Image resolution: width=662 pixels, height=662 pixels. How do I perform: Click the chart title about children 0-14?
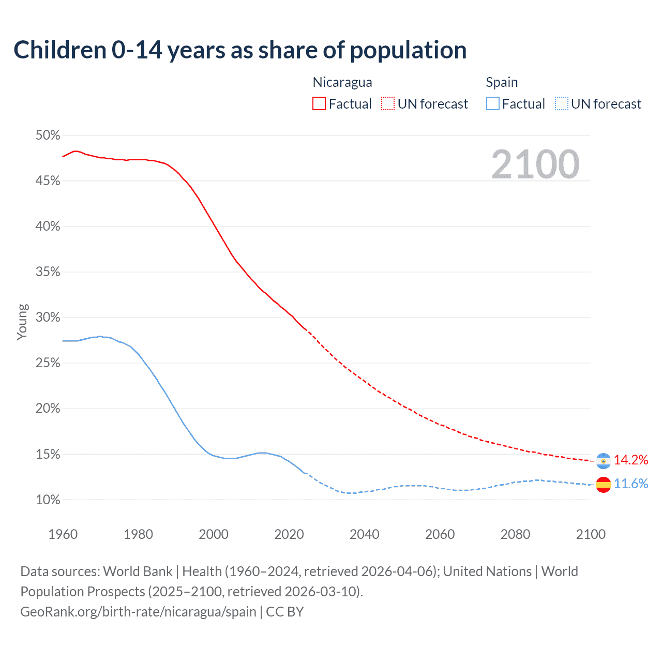[240, 50]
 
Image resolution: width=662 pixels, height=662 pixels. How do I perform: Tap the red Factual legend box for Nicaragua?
[319, 104]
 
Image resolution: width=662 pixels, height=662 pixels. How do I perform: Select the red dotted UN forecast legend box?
[388, 104]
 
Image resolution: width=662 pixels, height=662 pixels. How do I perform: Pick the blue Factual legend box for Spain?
[493, 104]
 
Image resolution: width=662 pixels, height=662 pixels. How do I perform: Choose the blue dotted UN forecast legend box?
[562, 104]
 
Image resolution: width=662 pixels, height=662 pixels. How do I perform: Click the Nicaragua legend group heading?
[342, 82]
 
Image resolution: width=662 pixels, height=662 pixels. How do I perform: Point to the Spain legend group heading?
[502, 82]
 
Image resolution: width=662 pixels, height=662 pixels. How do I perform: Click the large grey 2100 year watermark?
[535, 164]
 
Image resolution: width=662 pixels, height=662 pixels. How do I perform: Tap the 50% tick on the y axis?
[48, 136]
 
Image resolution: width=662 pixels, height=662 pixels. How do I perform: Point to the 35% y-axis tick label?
[48, 272]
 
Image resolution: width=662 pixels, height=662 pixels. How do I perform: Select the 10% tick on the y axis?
[48, 500]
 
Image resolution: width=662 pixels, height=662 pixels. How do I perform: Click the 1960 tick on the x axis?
[63, 534]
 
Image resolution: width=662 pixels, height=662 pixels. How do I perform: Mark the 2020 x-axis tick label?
[289, 534]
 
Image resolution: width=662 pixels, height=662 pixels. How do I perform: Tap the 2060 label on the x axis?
[440, 534]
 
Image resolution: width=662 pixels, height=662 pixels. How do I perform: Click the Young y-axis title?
[22, 322]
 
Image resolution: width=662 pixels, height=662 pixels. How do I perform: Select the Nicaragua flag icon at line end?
[604, 460]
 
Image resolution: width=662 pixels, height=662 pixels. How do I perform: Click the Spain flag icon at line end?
[604, 484]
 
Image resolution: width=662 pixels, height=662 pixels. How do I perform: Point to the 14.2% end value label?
[631, 460]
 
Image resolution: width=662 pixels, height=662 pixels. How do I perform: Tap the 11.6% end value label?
[631, 484]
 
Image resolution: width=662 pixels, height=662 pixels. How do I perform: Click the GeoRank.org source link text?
[138, 612]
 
